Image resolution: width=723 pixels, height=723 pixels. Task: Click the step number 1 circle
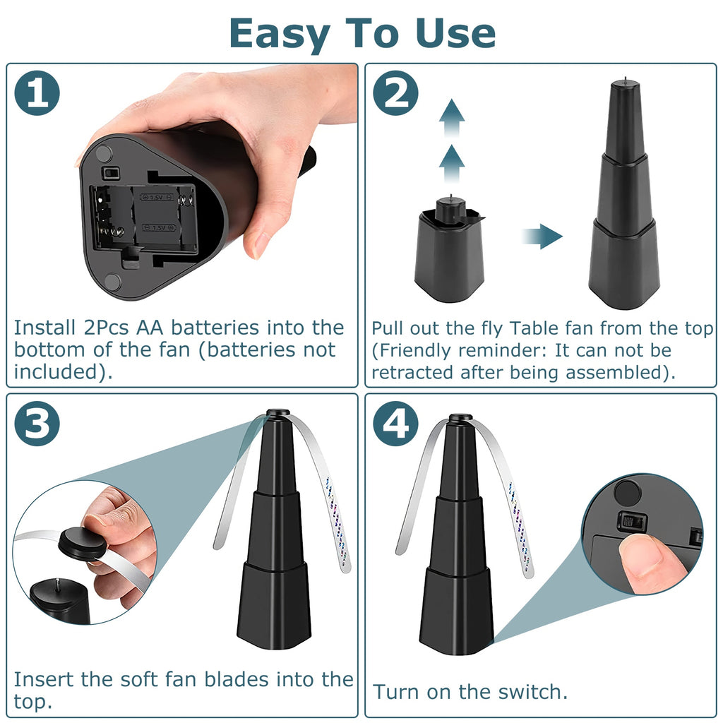point(37,92)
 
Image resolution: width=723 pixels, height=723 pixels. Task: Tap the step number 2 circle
point(395,92)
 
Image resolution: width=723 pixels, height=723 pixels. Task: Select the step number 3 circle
point(37,424)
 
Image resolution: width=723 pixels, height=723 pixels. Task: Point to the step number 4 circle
point(395,424)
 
